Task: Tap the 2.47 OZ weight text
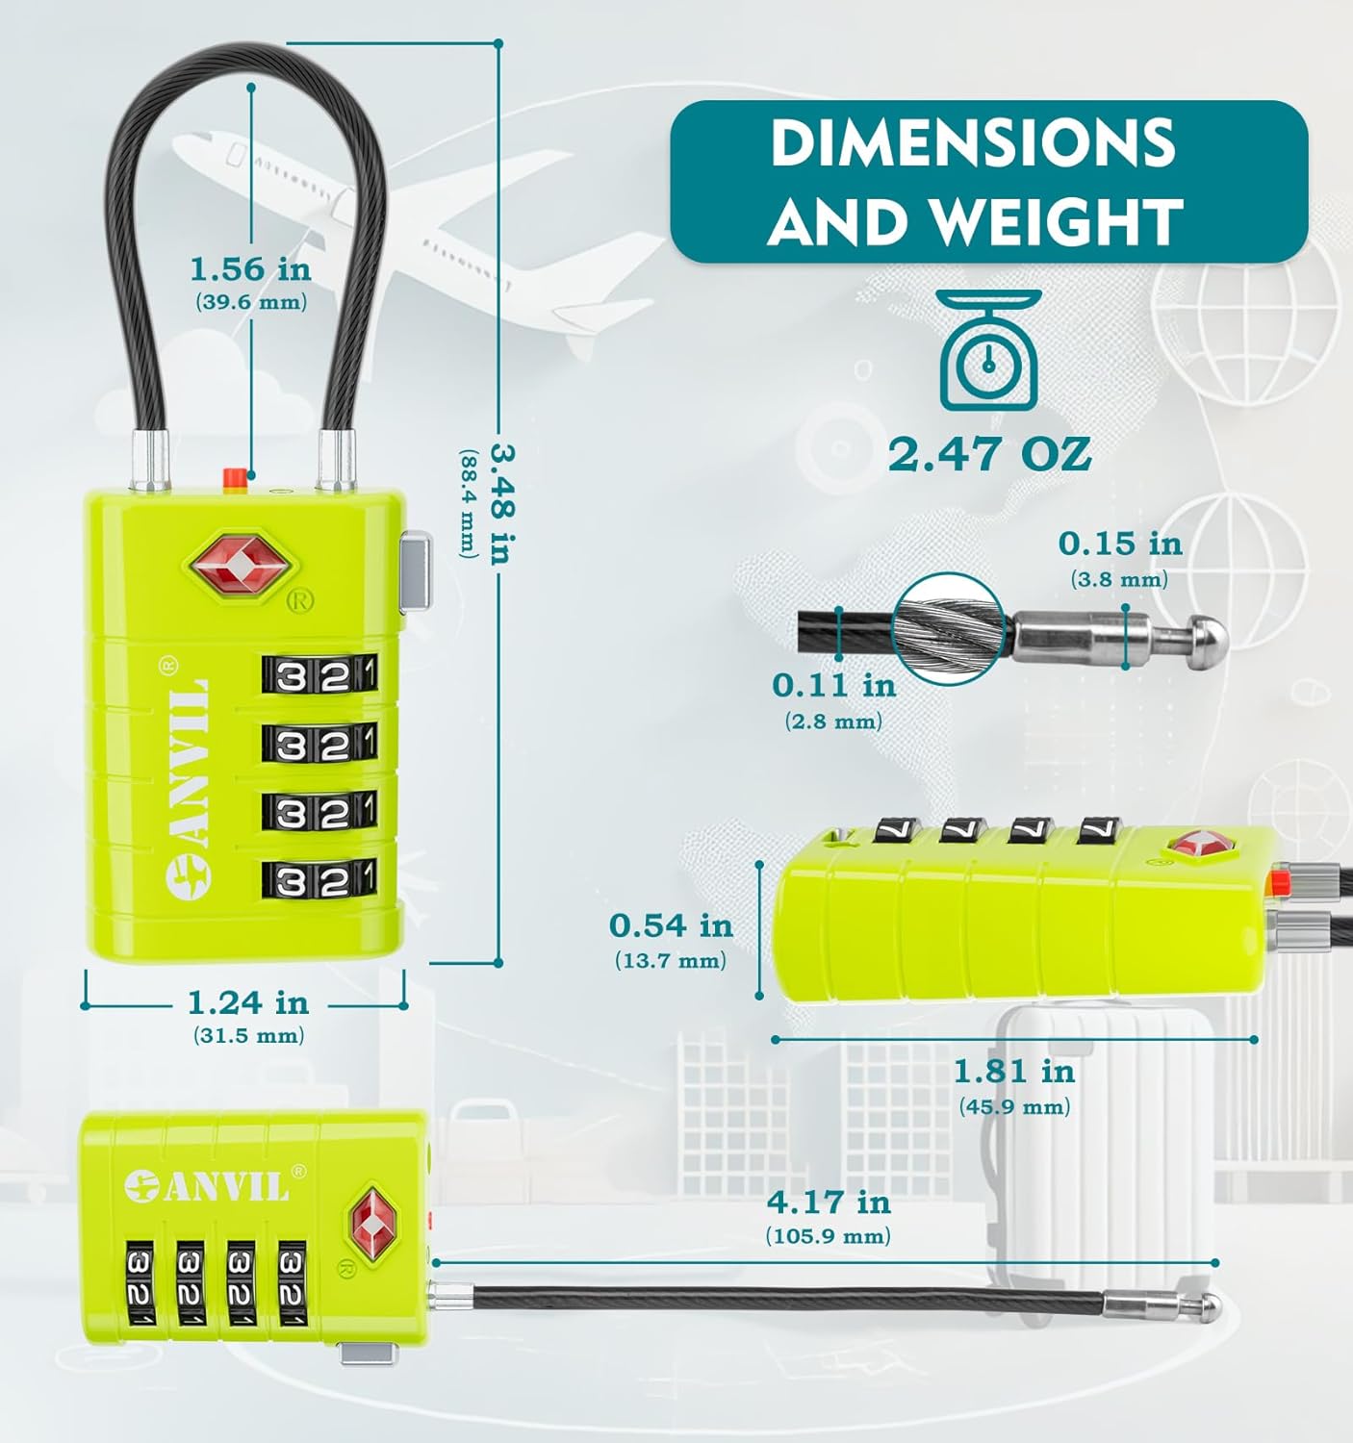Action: click(x=989, y=453)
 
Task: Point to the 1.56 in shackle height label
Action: click(x=251, y=268)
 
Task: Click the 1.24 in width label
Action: click(x=248, y=1002)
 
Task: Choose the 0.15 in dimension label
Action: click(x=1119, y=544)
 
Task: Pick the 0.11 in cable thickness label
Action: click(x=833, y=685)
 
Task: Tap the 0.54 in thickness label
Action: click(x=671, y=925)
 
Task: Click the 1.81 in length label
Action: click(x=1013, y=1071)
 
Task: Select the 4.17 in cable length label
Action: click(x=829, y=1202)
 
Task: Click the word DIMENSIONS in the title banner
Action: click(x=973, y=142)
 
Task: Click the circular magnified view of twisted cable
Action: click(x=951, y=629)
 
